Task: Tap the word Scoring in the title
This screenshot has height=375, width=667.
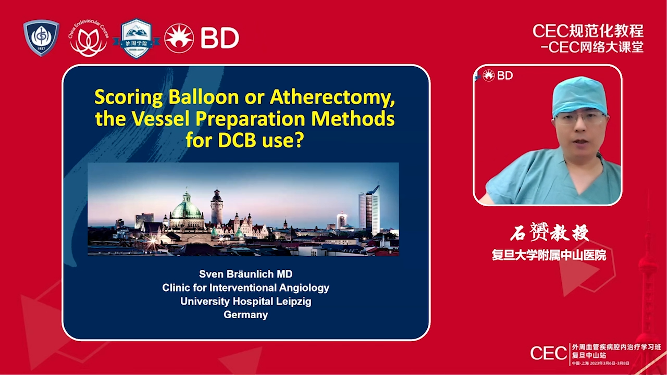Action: [x=126, y=97]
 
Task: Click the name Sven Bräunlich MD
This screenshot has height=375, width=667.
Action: [x=246, y=274]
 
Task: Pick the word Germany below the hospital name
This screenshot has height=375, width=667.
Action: [x=246, y=315]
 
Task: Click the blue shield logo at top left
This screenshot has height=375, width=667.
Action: [x=41, y=38]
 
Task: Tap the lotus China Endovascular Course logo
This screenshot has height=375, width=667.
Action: [x=88, y=39]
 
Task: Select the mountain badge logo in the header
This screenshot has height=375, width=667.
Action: [x=136, y=39]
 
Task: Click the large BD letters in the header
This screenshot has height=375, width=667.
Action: [x=219, y=38]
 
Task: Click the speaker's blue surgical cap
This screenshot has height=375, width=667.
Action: [x=579, y=95]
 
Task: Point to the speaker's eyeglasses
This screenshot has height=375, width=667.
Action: [x=580, y=118]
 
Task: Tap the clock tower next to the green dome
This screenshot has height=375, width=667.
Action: [x=216, y=205]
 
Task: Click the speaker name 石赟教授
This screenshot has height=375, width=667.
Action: [x=549, y=233]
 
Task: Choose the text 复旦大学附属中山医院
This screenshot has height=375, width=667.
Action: [x=549, y=255]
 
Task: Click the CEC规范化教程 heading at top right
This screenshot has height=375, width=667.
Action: [x=588, y=31]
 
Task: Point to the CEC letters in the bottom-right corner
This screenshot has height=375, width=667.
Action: [x=548, y=353]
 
